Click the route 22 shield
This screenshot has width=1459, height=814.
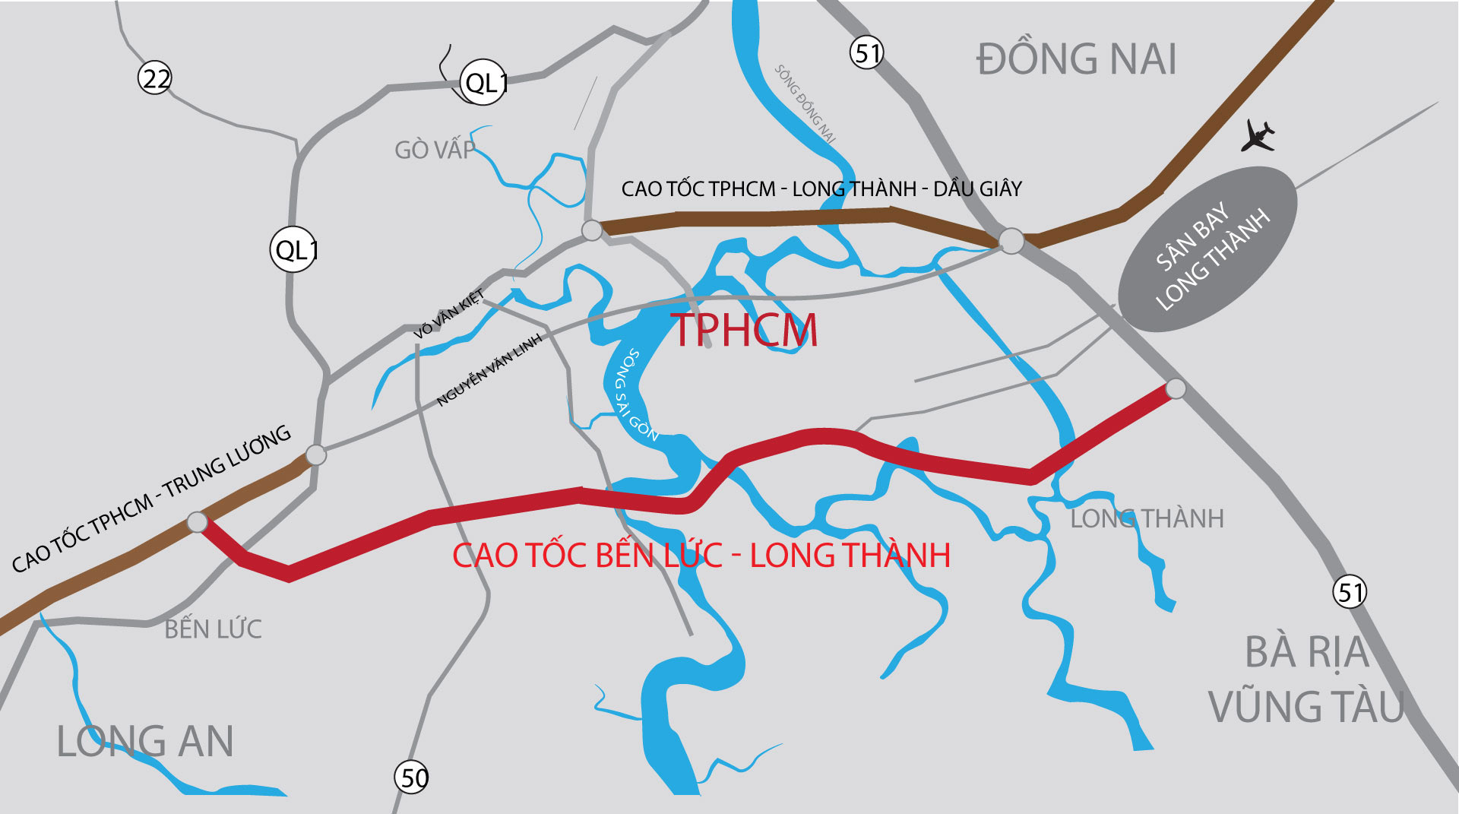pos(155,78)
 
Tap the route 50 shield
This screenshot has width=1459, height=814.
pos(413,778)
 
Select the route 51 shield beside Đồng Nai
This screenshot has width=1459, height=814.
pos(866,53)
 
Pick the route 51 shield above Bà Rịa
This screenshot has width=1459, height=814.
pos(1350,592)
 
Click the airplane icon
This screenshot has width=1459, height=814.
pos(1258,137)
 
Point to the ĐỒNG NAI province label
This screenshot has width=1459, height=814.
pos(1076,59)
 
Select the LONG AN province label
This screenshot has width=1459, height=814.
pos(144,742)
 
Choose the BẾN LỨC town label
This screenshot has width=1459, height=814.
pos(213,629)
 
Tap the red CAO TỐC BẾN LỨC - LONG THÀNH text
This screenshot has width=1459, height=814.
pos(701,556)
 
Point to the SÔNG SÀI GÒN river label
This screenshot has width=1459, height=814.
pos(635,395)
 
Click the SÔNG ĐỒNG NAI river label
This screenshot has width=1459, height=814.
pos(805,104)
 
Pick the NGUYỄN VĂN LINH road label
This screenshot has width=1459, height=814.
pos(490,369)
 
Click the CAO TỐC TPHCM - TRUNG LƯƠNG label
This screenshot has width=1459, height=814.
pos(152,498)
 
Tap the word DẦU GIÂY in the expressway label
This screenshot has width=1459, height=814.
pos(977,188)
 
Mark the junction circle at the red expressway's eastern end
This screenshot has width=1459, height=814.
pos(1176,388)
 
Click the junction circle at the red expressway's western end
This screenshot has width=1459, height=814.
pos(197,522)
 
